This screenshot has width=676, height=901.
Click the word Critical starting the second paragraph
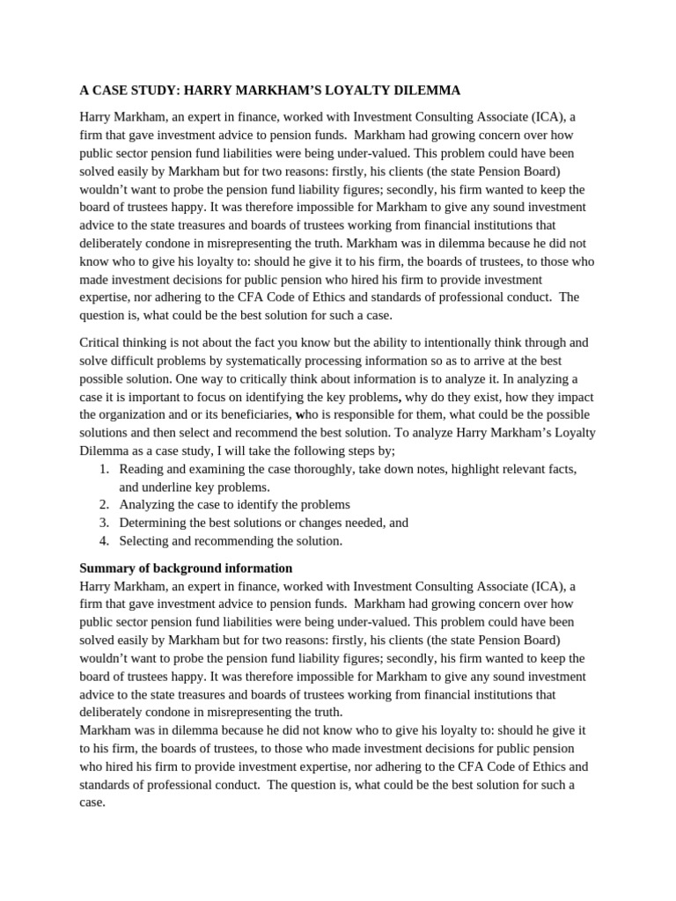(103, 342)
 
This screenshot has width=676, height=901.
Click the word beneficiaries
(246, 414)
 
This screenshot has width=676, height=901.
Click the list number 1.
(103, 469)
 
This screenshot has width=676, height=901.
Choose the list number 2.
(103, 504)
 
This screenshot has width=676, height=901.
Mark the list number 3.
(103, 523)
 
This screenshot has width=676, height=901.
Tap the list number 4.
(103, 541)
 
